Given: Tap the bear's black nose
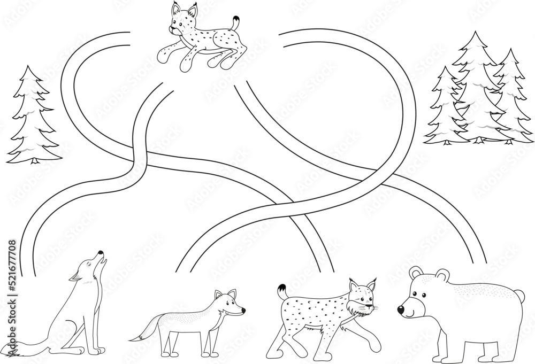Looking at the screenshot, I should click(x=401, y=309).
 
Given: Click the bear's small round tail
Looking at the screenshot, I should click(x=518, y=294).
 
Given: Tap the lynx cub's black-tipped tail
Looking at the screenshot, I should click(x=235, y=22).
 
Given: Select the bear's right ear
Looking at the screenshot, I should click(x=442, y=274).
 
